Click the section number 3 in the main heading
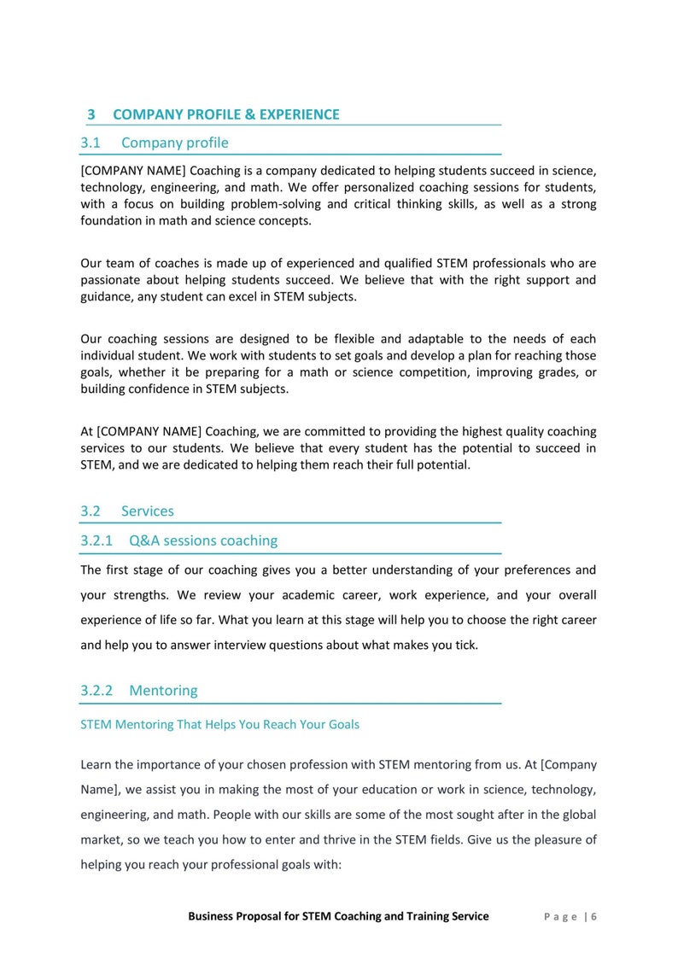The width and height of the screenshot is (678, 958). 91,114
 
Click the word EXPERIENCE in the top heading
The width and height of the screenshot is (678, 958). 299,114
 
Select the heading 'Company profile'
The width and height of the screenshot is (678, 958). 174,143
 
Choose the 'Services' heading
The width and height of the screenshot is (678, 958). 147,511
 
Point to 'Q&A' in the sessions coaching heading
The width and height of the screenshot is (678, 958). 144,540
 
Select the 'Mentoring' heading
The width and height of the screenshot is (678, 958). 163,690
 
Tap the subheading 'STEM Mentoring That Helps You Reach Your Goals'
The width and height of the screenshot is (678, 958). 219,724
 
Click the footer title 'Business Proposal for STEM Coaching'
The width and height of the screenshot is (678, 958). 338,916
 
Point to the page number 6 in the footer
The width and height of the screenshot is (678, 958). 593,916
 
